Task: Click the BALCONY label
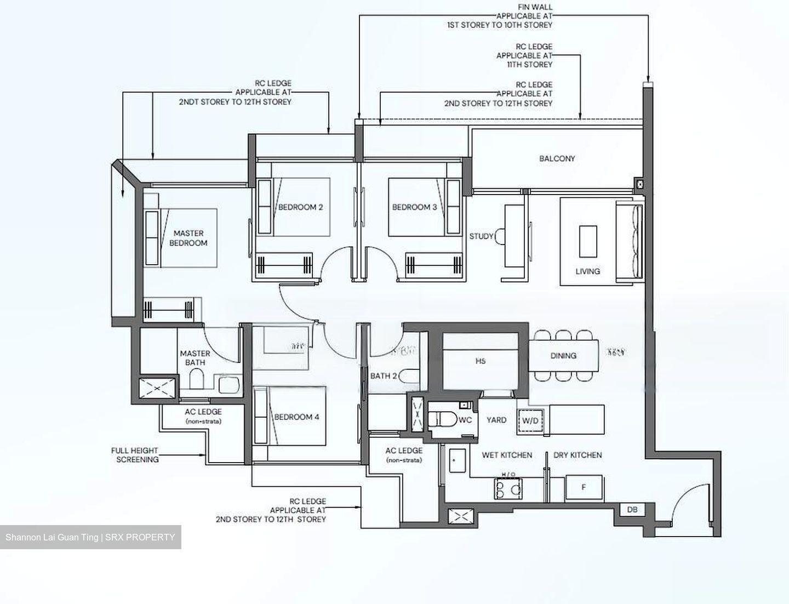[x=557, y=158]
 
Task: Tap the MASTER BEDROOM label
[x=188, y=238]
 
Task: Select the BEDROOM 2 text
[x=300, y=207]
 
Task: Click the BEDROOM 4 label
[x=296, y=417]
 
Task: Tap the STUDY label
[x=481, y=236]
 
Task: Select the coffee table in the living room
[x=588, y=241]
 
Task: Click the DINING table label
[x=563, y=356]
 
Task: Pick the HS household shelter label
[x=481, y=361]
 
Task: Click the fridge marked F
[x=584, y=487]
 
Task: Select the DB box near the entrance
[x=632, y=510]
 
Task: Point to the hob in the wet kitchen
[x=508, y=488]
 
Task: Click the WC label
[x=465, y=420]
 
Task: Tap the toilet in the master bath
[x=196, y=379]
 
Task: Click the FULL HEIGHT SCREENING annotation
[x=135, y=455]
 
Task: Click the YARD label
[x=496, y=420]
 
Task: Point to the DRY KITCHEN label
[x=578, y=455]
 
